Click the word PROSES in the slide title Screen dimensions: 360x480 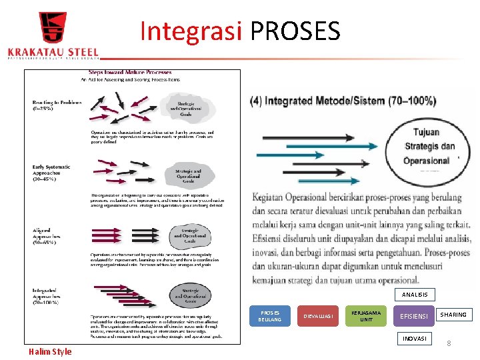295,31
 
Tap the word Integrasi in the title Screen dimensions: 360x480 192,31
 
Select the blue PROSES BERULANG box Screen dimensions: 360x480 270,316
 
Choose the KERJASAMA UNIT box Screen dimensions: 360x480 366,316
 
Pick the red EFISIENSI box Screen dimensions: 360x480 413,316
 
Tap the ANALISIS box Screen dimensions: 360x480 415,294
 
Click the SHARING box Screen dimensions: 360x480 453,314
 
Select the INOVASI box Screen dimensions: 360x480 415,339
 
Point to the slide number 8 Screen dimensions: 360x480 449,343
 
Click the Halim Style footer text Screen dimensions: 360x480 50,351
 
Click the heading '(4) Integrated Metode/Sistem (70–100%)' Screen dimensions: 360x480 343,101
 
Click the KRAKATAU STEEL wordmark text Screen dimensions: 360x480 53,52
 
